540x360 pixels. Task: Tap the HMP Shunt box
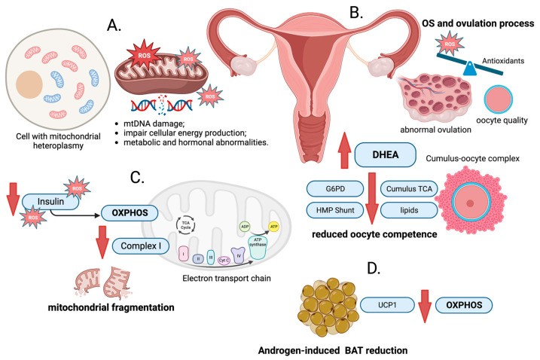click(x=337, y=210)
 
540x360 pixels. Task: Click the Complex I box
click(x=140, y=245)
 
